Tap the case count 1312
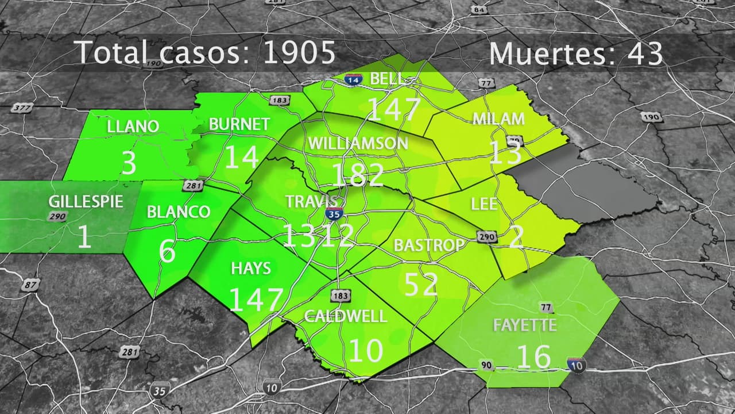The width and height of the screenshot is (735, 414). [318, 236]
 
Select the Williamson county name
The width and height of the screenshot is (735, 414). [358, 143]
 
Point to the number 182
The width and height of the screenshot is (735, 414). [357, 174]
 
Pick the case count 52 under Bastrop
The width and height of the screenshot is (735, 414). [421, 283]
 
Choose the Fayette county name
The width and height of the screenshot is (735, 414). [525, 325]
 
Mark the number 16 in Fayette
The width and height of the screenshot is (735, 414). [533, 356]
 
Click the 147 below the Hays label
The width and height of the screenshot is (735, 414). [256, 299]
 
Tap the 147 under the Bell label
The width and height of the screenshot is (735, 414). [394, 109]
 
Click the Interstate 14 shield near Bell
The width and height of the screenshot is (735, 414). [353, 80]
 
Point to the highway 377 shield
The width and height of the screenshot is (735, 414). [21, 108]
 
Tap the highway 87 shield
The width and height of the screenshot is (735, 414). [30, 284]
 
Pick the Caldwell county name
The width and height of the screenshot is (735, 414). [346, 316]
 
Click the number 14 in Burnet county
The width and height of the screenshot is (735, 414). [241, 156]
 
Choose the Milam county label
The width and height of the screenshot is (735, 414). [498, 119]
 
